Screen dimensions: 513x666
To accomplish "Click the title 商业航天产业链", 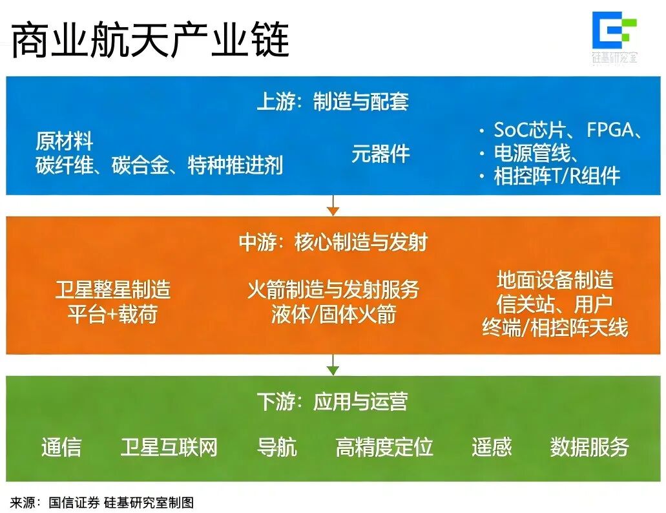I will tap(150, 40).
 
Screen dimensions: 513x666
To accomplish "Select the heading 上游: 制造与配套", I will tap(333, 101).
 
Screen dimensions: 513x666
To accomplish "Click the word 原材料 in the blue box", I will tap(64, 141).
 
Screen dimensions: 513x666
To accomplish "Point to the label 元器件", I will tap(380, 154).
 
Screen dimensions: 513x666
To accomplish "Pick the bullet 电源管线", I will tap(536, 153).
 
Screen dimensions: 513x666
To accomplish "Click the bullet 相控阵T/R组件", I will tap(556, 176).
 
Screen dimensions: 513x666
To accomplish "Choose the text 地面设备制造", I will tap(555, 280).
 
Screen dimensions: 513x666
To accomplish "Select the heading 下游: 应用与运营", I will tap(333, 402).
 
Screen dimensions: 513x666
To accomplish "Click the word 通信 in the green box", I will tap(61, 447).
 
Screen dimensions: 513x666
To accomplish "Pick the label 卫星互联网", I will tap(169, 447).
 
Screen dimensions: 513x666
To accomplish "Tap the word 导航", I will tap(276, 447).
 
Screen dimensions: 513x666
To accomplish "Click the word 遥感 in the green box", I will tap(491, 447).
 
